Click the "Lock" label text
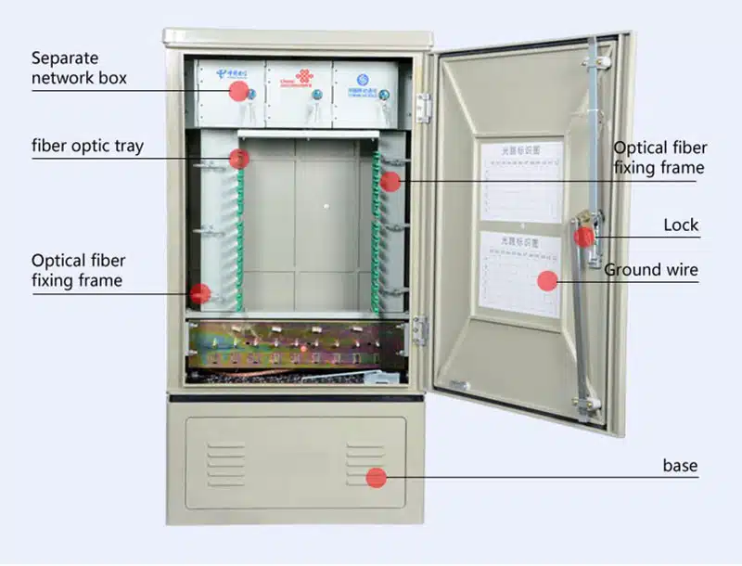pyautogui.click(x=681, y=225)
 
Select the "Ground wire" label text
pyautogui.click(x=651, y=270)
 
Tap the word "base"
pyautogui.click(x=680, y=465)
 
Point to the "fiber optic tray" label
pyautogui.click(x=87, y=146)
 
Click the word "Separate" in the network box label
pyautogui.click(x=65, y=58)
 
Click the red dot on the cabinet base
pyautogui.click(x=376, y=478)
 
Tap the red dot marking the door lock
pyautogui.click(x=583, y=237)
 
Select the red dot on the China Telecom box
pyautogui.click(x=238, y=91)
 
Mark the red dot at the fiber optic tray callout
pyautogui.click(x=239, y=159)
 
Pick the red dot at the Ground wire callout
pyautogui.click(x=548, y=280)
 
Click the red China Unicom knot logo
pyautogui.click(x=304, y=76)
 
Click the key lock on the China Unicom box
pyautogui.click(x=315, y=94)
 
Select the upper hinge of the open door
pyautogui.click(x=424, y=107)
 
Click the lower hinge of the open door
pyautogui.click(x=420, y=329)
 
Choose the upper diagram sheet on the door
pyautogui.click(x=521, y=181)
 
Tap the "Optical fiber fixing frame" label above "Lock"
pyautogui.click(x=659, y=158)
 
